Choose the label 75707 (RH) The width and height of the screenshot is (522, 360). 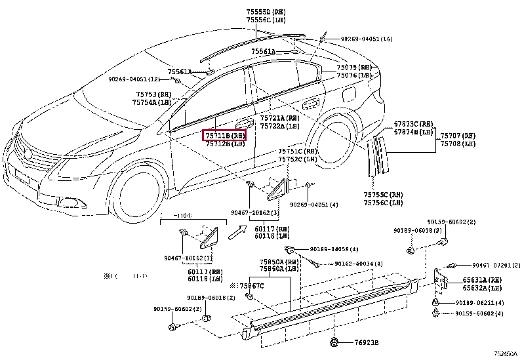point(458,134)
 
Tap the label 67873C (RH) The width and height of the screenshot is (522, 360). point(413,124)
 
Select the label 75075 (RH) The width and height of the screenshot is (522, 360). point(354,67)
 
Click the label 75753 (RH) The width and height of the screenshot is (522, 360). point(150,94)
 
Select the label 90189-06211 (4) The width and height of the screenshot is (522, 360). point(479,303)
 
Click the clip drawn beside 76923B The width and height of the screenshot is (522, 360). point(334,341)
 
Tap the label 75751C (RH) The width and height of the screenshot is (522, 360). point(298,151)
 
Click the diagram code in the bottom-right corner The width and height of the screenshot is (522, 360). point(506,355)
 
